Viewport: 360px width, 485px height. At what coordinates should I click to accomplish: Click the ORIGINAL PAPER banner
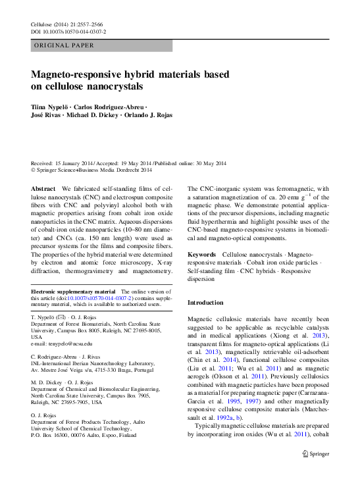tap(64, 45)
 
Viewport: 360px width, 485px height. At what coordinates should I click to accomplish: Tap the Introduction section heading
tap(205, 303)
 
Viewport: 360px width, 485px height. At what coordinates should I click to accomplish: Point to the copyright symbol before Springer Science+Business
tap(34, 170)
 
